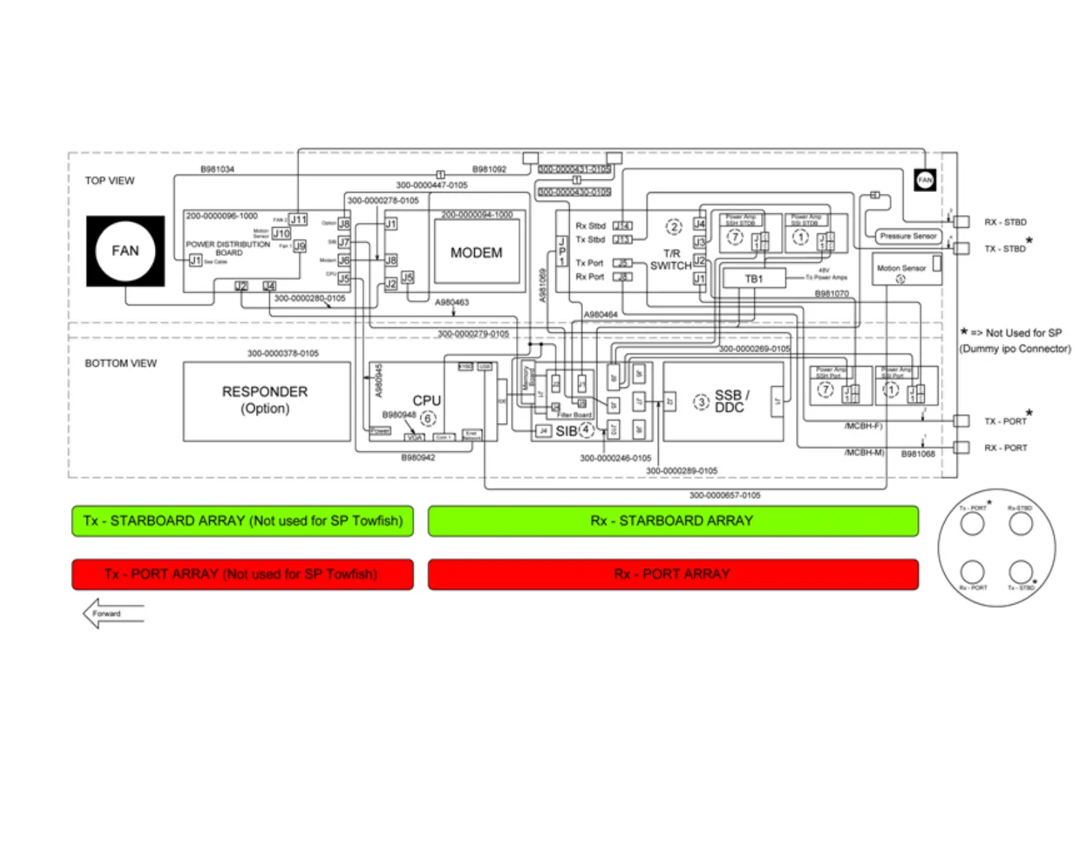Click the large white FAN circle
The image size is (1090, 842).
pos(125,251)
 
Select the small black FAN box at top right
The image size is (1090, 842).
pos(925,180)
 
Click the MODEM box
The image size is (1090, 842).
pos(476,252)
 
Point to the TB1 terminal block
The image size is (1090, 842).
pos(754,279)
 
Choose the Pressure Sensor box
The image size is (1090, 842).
pos(908,236)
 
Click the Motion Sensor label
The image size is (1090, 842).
pos(901,268)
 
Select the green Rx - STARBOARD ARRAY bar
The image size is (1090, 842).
pos(672,521)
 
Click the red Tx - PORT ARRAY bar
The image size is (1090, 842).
pos(242,574)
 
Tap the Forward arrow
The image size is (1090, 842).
pos(112,614)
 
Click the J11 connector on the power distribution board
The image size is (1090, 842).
pos(298,219)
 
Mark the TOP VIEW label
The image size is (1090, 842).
pos(110,181)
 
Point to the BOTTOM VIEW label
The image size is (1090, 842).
pos(120,363)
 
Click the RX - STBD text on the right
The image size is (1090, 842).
pos(1005,222)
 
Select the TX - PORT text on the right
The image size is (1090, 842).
pos(1005,421)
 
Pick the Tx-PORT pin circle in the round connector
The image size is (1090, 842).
pos(972,524)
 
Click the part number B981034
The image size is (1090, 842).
pos(217,169)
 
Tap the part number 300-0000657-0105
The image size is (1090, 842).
pos(725,495)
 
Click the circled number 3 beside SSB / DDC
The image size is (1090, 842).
pos(701,402)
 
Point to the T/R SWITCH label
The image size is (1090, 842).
pos(671,260)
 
